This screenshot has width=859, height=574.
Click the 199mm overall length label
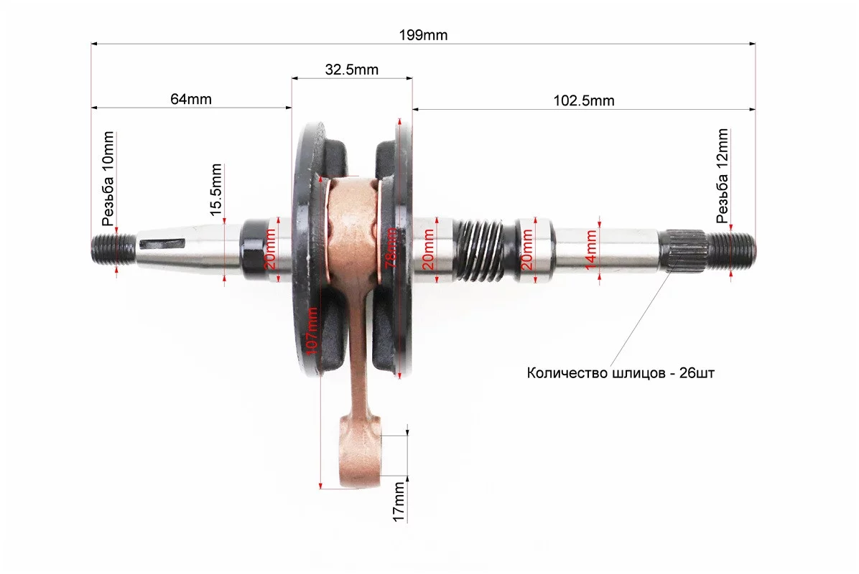click(423, 35)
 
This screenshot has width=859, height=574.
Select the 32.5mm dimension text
click(352, 70)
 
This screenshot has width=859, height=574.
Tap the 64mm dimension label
click(190, 99)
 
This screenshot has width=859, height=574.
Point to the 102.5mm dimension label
click(584, 100)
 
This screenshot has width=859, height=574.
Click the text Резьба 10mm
click(108, 179)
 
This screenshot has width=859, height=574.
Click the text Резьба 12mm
click(722, 176)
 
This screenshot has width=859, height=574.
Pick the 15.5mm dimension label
click(216, 189)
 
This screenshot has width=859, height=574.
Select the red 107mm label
click(310, 331)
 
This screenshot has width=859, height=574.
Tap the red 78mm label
click(391, 248)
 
